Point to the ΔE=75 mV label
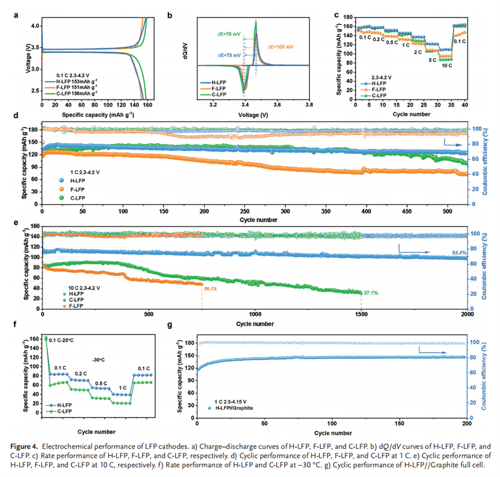pyautogui.click(x=228, y=56)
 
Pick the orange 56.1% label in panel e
pyautogui.click(x=210, y=288)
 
